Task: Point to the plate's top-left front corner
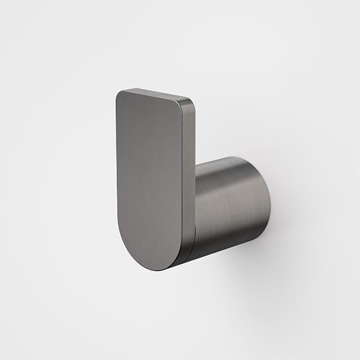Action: pyautogui.click(x=118, y=94)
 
